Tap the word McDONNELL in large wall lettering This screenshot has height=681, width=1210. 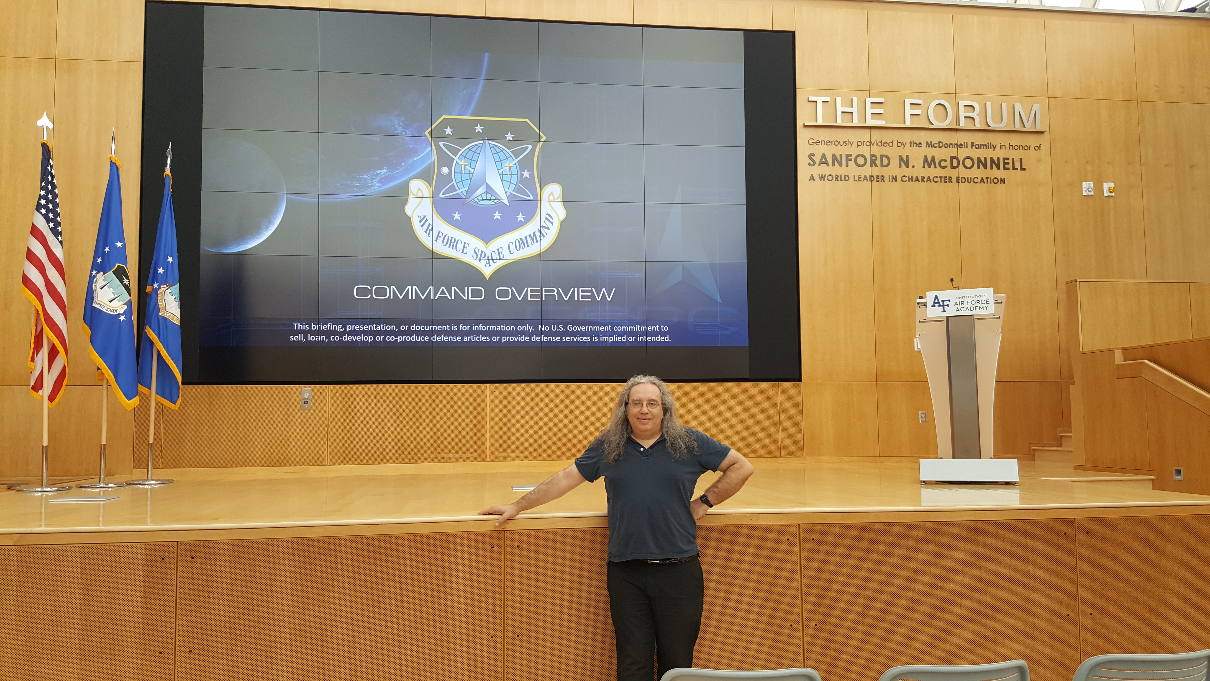tap(974, 163)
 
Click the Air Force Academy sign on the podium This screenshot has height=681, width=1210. tap(960, 302)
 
